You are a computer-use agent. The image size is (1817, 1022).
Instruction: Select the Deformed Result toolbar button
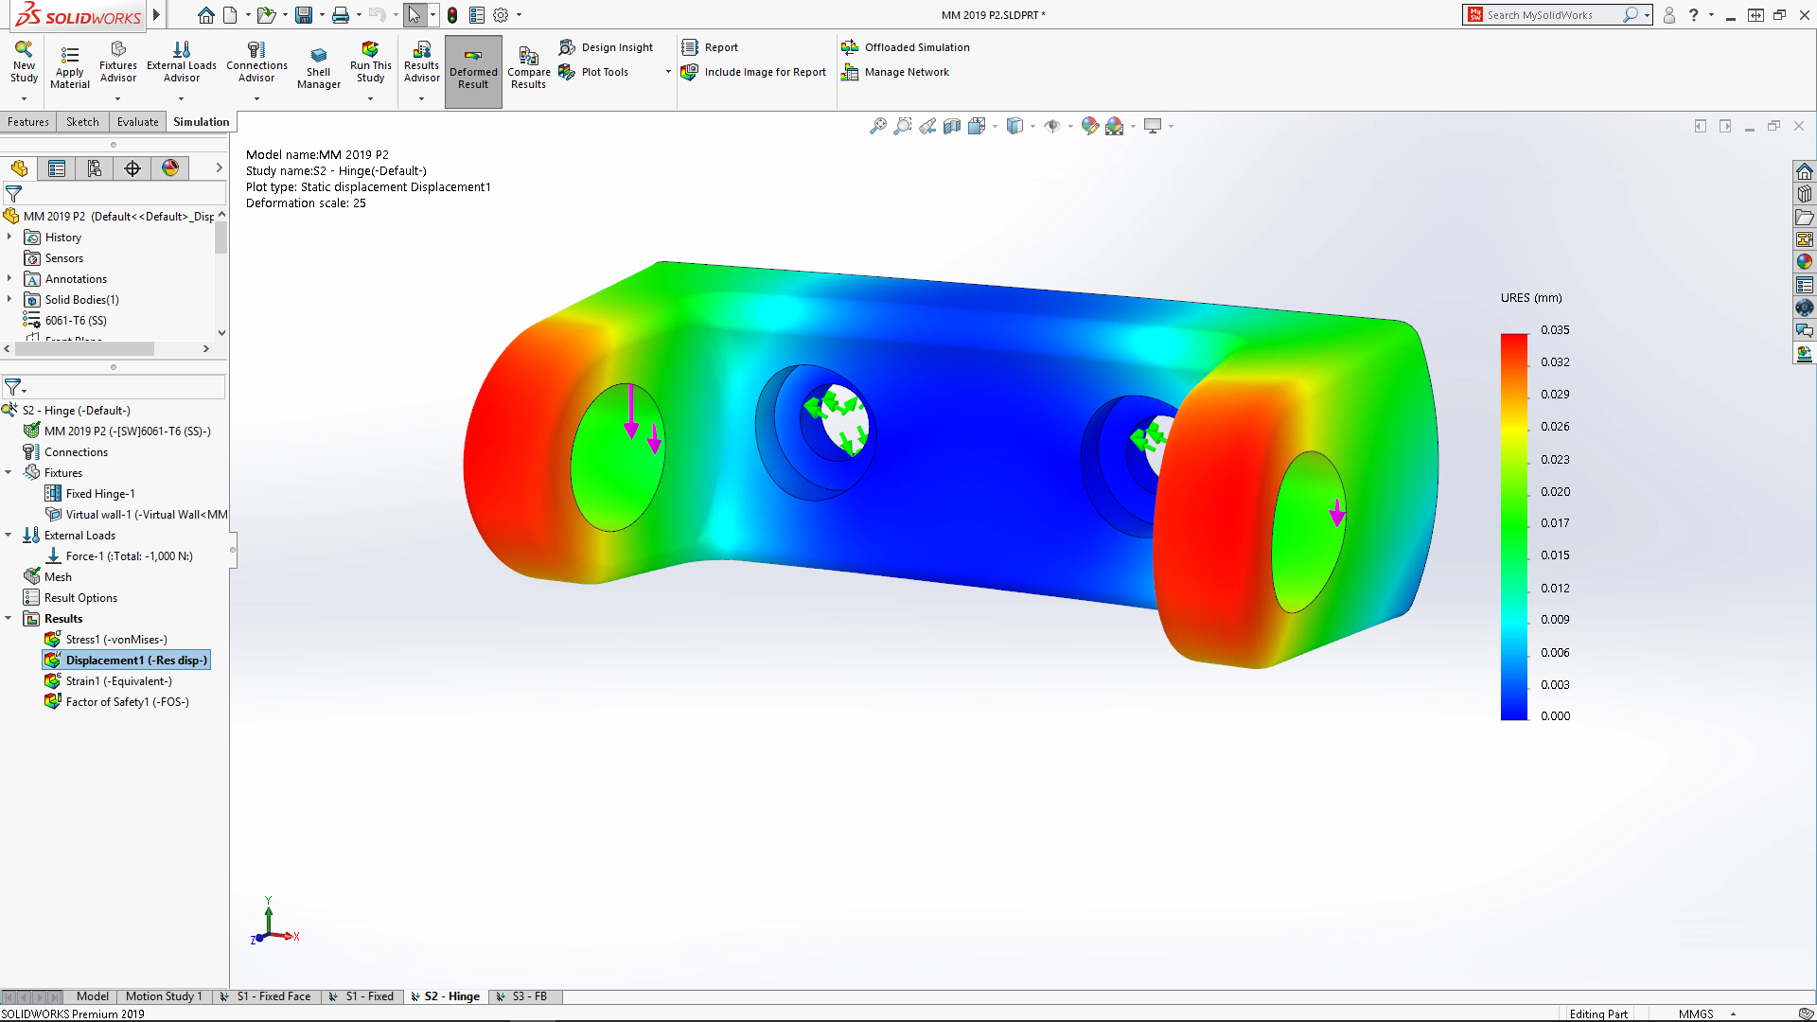(473, 71)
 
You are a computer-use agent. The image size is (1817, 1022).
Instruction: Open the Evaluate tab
(138, 122)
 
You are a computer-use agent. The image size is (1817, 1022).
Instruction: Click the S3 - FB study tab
(529, 996)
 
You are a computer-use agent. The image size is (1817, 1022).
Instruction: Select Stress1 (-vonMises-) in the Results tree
(115, 640)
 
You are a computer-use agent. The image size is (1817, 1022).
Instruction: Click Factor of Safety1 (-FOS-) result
(127, 702)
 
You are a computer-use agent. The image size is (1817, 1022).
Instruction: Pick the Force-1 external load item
(129, 556)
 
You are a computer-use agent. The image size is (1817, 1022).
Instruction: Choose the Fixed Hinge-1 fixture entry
(100, 494)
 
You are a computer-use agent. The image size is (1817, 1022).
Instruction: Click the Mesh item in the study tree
(58, 577)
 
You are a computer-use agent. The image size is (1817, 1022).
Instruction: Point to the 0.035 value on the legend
(1555, 330)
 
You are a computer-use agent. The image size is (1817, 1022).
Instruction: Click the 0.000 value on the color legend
(1555, 716)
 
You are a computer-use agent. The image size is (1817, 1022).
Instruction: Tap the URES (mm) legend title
(1531, 298)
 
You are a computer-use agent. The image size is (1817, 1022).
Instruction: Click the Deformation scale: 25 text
(306, 203)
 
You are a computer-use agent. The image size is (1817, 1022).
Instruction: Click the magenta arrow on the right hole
(1337, 513)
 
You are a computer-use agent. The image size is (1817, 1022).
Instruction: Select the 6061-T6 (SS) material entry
(76, 321)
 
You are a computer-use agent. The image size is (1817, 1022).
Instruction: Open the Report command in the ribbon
(720, 47)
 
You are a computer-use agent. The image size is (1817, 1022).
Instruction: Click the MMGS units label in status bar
(1696, 1013)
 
